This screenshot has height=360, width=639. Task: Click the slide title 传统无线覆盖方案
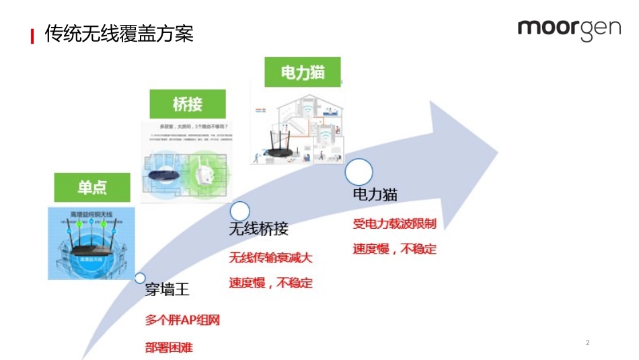(x=119, y=34)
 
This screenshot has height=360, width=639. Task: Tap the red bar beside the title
(x=32, y=36)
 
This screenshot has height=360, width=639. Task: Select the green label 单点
(x=92, y=188)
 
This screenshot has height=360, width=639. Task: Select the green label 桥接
(x=187, y=104)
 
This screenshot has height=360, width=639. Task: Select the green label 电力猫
(x=302, y=72)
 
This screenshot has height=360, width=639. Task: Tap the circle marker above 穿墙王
(x=140, y=277)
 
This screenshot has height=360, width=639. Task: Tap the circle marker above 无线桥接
(x=239, y=211)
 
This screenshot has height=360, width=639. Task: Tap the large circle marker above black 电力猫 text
(x=359, y=172)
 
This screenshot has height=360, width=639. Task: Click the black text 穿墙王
(x=167, y=290)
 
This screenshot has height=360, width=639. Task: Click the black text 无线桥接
(x=258, y=229)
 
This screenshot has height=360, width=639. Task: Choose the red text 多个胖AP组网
(x=182, y=320)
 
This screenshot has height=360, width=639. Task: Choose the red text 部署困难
(x=172, y=348)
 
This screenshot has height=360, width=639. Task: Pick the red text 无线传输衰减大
(x=270, y=257)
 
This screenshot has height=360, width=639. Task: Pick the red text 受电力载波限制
(x=394, y=223)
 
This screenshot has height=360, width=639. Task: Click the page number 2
(x=587, y=343)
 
